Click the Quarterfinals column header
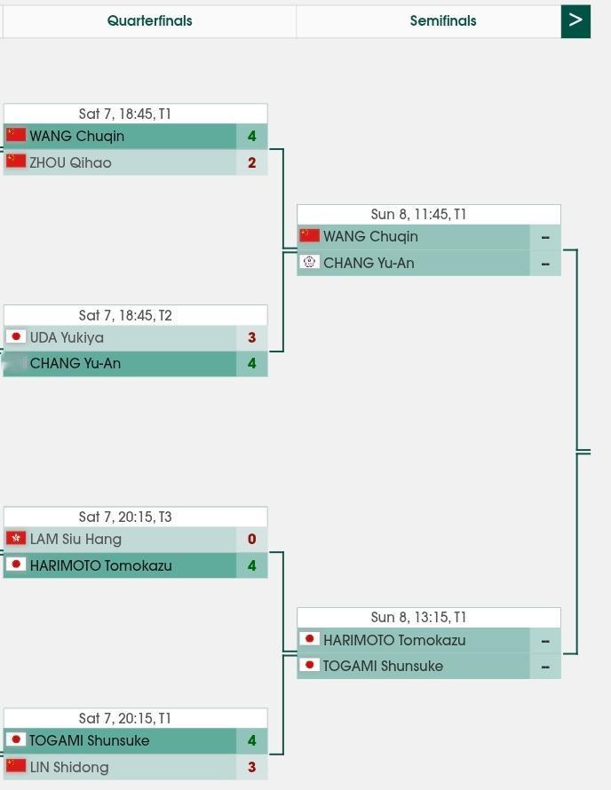(x=149, y=20)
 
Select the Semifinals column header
(x=442, y=20)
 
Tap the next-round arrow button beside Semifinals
(x=575, y=20)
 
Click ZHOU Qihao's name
(x=70, y=162)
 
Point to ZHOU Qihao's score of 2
(x=252, y=162)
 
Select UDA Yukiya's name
(x=67, y=337)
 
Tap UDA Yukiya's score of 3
(x=252, y=337)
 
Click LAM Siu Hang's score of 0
(x=252, y=539)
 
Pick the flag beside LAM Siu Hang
(x=15, y=538)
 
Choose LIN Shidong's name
(x=68, y=767)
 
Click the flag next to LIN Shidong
(x=15, y=765)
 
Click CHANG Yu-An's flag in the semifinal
(x=309, y=262)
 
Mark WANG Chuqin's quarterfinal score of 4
(x=252, y=136)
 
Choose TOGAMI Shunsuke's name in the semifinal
(x=383, y=666)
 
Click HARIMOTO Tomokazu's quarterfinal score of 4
(x=252, y=565)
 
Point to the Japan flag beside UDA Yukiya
(x=15, y=336)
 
